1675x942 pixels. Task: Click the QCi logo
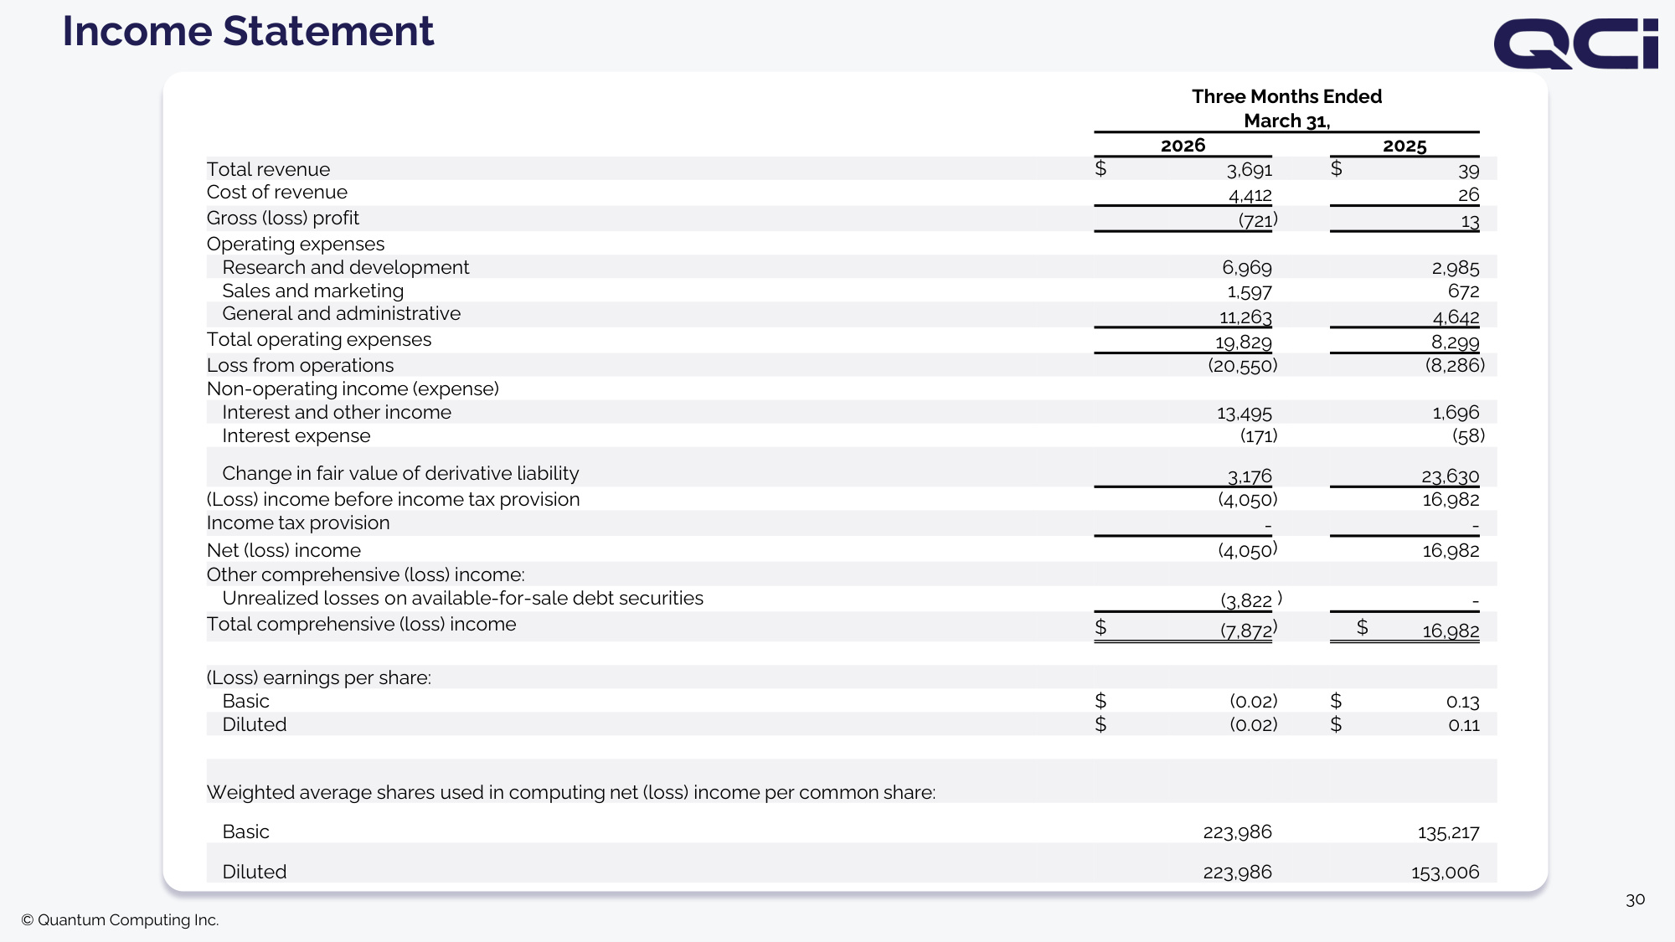pos(1575,44)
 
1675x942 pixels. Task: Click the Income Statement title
pos(248,32)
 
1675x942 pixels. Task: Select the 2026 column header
pos(1183,146)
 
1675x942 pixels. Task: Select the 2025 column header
pos(1404,146)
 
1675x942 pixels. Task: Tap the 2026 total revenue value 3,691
pos(1250,170)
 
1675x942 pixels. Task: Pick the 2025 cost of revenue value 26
pos(1469,194)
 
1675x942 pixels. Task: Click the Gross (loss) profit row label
pos(283,219)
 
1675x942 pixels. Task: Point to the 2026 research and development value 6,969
pos(1247,268)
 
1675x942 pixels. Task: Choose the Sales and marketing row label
pos(313,291)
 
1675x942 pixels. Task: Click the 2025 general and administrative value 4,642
pos(1456,317)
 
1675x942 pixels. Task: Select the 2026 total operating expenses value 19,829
pos(1244,342)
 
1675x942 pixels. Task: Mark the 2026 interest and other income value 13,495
pos(1245,414)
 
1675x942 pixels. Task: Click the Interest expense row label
pos(296,436)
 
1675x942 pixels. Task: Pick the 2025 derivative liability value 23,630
pos(1451,476)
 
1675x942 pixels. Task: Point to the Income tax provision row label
pos(298,523)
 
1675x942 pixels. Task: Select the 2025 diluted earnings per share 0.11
pos(1464,725)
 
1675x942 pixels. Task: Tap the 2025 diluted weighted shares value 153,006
pos(1446,873)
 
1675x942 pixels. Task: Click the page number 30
pos(1636,900)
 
